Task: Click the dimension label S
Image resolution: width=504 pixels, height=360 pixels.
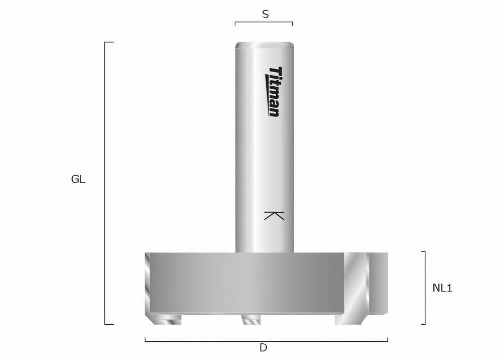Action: point(265,15)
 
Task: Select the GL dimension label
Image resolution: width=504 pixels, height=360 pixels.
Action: point(78,179)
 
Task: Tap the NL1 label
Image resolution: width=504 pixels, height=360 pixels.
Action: point(443,288)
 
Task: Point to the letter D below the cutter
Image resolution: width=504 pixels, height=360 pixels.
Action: point(263,348)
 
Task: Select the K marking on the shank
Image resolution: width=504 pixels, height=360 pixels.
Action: point(274,215)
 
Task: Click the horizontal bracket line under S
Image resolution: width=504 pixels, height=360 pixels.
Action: point(264,22)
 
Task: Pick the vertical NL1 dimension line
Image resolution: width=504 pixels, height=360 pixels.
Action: point(425,288)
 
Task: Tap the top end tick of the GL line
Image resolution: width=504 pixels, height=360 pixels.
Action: point(109,42)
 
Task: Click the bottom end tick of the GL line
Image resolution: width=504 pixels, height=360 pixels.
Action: point(109,324)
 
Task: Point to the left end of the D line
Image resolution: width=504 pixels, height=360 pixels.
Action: point(145,340)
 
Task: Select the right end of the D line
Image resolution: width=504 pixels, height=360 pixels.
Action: point(388,340)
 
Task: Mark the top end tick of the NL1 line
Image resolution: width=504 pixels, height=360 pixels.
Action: point(423,252)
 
